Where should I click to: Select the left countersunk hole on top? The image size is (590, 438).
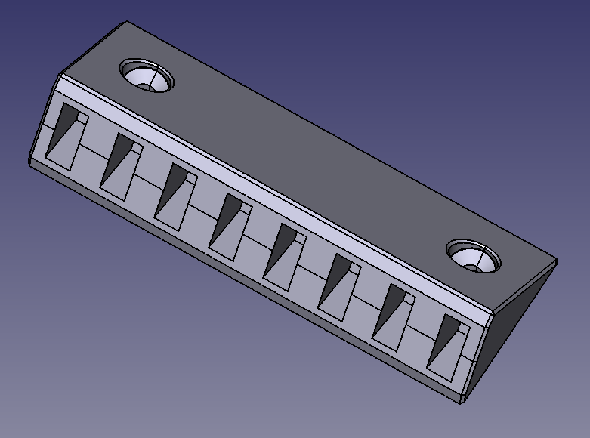(147, 76)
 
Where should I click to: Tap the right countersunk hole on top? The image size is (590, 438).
(472, 255)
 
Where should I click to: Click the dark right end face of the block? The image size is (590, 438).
(521, 317)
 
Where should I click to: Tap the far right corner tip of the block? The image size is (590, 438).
(557, 261)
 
